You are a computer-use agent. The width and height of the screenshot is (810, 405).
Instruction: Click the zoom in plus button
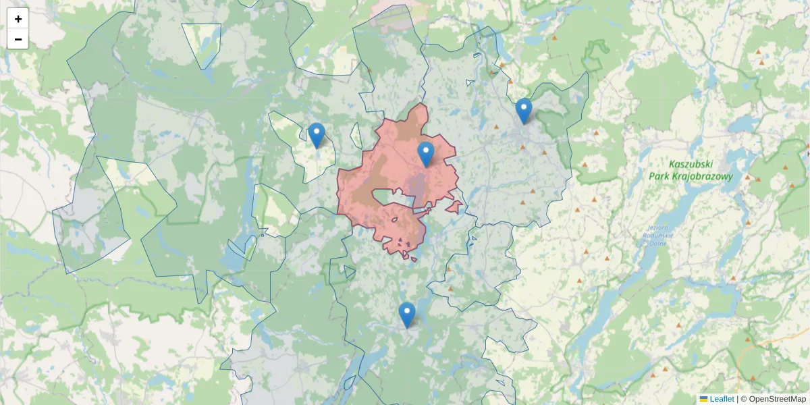pos(18,19)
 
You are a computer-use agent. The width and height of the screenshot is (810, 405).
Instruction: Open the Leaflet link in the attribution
pos(722,399)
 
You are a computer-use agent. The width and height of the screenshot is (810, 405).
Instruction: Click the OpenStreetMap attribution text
pos(777,399)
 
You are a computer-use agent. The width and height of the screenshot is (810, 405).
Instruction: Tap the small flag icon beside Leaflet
pos(704,399)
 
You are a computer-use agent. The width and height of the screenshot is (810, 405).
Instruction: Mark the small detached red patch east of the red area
pos(455,207)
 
